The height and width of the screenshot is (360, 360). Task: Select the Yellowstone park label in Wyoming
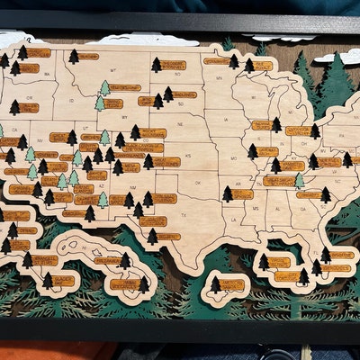click(x=113, y=103)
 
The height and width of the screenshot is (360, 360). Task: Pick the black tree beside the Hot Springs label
click(x=228, y=193)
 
